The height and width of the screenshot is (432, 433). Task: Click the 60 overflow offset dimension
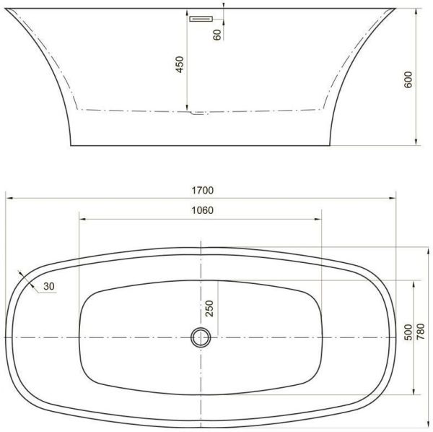coord(217,33)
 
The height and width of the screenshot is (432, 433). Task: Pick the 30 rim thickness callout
coord(49,287)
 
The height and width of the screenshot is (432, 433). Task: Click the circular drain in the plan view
coord(201,337)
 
